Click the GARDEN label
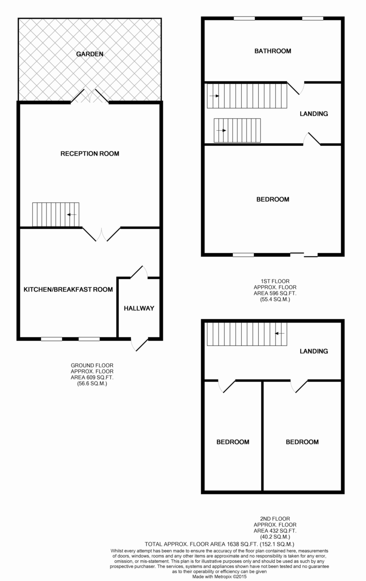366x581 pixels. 89,54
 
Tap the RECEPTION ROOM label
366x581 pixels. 89,153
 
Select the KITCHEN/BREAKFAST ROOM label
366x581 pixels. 68,290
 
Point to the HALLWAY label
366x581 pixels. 139,308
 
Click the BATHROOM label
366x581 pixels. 273,51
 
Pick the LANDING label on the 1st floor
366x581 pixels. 314,114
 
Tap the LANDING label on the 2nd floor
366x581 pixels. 314,351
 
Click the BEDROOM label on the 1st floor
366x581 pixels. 273,199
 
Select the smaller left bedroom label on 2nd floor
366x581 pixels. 233,442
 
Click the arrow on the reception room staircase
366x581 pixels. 72,214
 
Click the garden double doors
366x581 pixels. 89,96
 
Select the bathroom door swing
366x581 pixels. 296,88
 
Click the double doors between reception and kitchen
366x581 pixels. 101,234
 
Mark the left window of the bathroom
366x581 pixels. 244,18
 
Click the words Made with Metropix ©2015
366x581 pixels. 220,577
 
